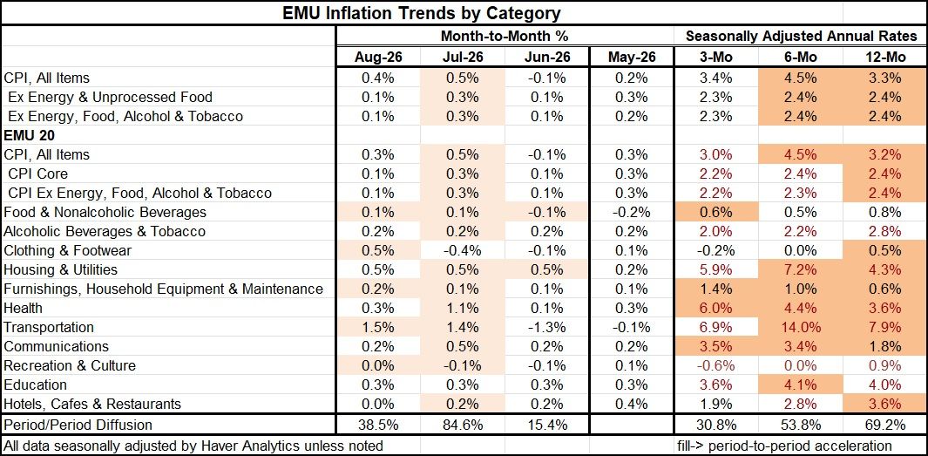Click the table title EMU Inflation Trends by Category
point(423,12)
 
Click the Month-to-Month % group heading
point(505,36)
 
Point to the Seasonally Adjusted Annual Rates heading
point(802,36)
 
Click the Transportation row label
point(49,328)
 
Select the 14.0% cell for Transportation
point(801,328)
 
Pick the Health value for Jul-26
point(463,308)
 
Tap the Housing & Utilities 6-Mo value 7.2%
point(801,270)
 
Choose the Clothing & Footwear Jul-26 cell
point(463,250)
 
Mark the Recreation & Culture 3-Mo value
point(716,366)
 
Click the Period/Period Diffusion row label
point(78,425)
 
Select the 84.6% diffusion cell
point(463,425)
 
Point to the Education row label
point(35,385)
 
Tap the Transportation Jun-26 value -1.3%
point(547,328)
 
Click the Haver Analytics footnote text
point(193,445)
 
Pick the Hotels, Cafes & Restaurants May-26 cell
point(632,405)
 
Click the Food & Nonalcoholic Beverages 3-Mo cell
point(716,212)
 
